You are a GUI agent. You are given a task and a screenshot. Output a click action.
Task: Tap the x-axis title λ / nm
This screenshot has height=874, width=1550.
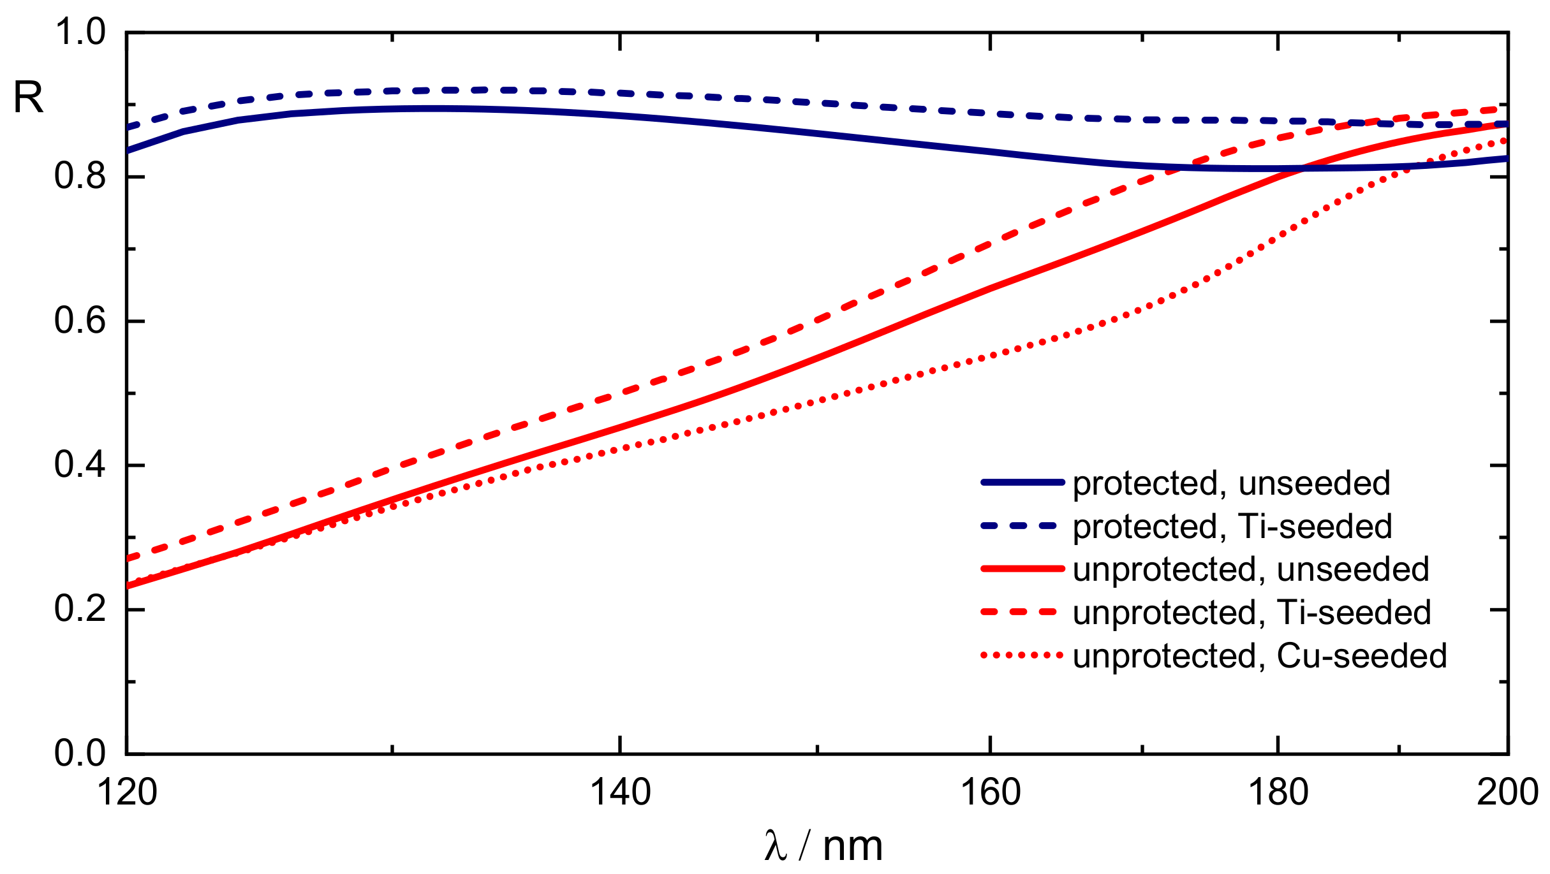coord(823,847)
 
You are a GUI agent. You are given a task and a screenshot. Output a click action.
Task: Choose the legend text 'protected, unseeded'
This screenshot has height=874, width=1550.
coord(1231,484)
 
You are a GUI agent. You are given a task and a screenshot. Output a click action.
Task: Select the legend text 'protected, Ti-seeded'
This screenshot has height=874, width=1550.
coord(1232,527)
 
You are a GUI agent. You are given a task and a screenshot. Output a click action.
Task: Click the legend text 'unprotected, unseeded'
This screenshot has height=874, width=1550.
coord(1251,570)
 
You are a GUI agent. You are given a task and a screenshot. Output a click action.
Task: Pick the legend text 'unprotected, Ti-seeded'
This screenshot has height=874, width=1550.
coord(1252,613)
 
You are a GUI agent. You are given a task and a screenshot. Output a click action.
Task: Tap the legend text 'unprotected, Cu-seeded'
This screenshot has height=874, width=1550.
coord(1260,657)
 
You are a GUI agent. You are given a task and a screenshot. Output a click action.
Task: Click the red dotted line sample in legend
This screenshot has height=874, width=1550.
coord(1022,655)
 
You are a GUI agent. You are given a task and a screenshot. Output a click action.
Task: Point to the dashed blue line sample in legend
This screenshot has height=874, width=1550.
coord(1022,526)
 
